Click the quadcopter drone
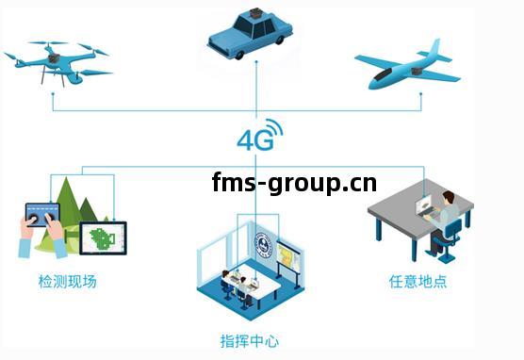58,60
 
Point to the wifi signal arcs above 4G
272,127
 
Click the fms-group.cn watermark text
294,181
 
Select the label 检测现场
67,281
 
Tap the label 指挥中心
249,340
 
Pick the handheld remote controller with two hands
43,221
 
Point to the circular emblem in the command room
264,243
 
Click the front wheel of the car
239,54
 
